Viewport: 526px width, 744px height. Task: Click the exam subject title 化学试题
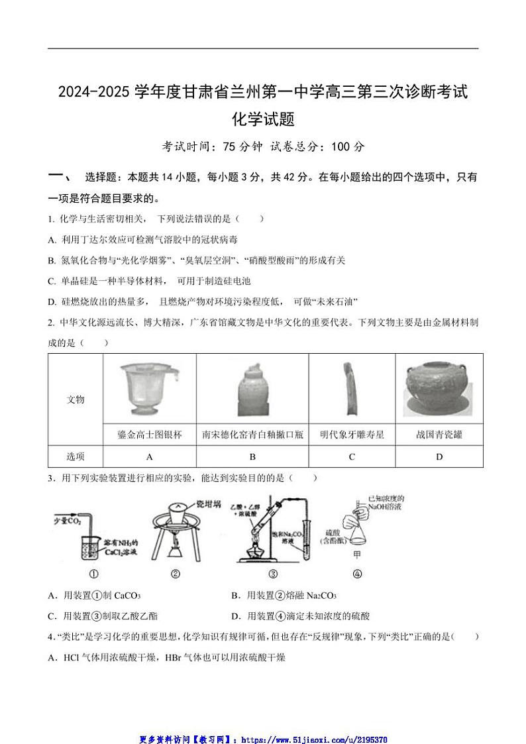263,119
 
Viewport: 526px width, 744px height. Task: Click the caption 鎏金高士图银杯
150,435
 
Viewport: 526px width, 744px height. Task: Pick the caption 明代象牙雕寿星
352,435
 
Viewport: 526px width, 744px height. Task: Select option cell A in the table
150,456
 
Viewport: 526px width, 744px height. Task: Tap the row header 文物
76,399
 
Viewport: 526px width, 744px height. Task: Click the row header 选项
76,456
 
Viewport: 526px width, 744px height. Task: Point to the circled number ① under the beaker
93,574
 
